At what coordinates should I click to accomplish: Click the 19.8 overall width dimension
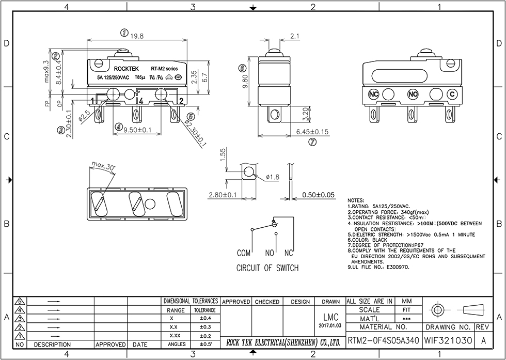coord(137,36)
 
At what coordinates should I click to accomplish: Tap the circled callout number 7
coord(312,143)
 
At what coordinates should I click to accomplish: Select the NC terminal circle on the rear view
coord(374,94)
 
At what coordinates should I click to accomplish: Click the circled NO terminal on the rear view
coord(413,94)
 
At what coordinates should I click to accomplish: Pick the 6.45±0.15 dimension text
coord(312,132)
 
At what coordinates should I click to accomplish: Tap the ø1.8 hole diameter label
coord(273,177)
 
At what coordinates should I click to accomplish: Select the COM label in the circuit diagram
coord(244,254)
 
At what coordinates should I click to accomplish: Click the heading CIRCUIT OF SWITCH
coord(267,268)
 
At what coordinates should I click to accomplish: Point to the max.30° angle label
coord(104,166)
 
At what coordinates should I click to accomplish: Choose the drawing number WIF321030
coord(448,341)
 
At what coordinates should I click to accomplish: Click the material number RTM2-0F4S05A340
coord(383,341)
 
